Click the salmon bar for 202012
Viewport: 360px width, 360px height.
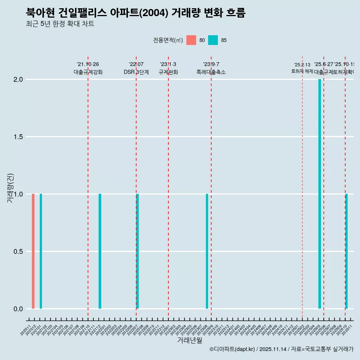tap(33, 251)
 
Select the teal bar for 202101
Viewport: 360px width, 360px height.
tap(41, 251)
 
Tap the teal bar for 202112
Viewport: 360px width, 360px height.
tap(100, 251)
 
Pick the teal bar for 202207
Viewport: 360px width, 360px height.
tap(138, 251)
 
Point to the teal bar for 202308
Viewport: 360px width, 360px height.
tap(207, 251)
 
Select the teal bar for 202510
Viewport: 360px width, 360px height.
tap(346, 251)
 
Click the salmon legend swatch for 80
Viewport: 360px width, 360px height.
tap(191, 40)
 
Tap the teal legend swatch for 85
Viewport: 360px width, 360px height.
tap(213, 40)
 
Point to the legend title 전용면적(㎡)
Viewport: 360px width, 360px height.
tap(168, 40)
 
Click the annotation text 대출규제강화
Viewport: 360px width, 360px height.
tap(88, 72)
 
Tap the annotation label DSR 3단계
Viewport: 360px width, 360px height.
tap(136, 72)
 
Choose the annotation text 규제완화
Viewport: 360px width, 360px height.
tap(168, 72)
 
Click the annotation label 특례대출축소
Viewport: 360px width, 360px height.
tap(211, 72)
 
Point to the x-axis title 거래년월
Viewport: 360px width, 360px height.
tap(189, 340)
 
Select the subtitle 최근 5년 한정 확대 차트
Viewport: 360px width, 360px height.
tap(60, 24)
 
